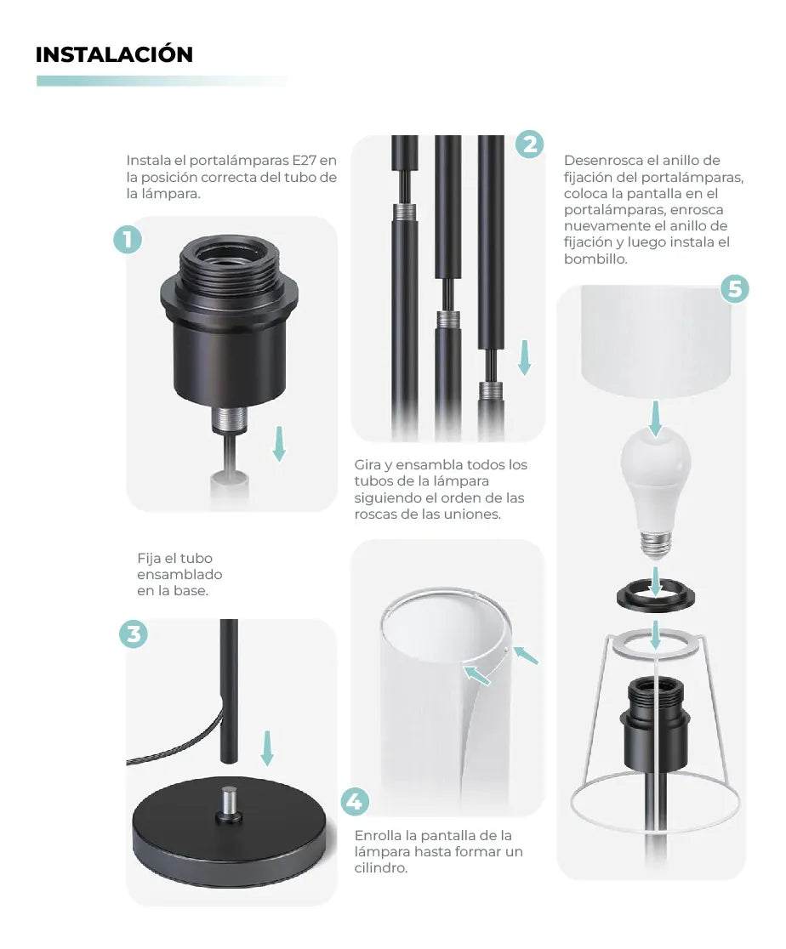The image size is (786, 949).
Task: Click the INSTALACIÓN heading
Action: click(x=114, y=54)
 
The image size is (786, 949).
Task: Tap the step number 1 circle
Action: click(x=128, y=240)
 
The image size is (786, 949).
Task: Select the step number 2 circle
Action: click(x=529, y=145)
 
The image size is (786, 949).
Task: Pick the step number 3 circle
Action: click(x=133, y=634)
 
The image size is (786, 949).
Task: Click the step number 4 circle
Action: click(x=355, y=801)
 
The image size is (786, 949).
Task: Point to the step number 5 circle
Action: click(x=735, y=289)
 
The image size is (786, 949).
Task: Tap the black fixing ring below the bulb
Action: click(x=655, y=596)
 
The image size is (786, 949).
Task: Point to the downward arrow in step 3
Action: click(x=267, y=747)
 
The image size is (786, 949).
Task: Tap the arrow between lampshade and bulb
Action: click(x=655, y=418)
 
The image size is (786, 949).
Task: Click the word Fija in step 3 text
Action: click(x=151, y=559)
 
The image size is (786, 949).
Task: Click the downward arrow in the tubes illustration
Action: click(x=525, y=357)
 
